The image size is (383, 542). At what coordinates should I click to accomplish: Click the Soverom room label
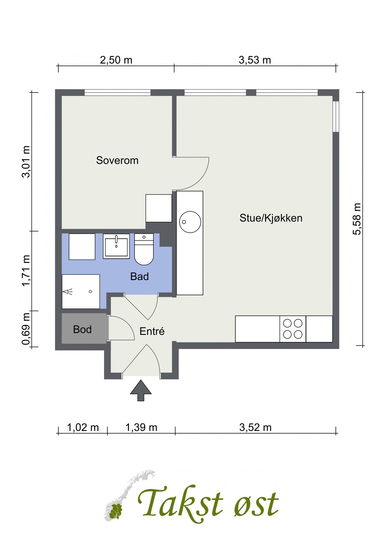117,160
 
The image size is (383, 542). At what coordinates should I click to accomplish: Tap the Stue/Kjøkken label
271,218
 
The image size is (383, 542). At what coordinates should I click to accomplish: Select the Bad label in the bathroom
139,276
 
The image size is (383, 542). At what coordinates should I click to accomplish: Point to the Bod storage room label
82,329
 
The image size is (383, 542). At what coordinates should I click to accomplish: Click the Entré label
152,331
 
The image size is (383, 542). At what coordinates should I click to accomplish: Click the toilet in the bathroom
144,249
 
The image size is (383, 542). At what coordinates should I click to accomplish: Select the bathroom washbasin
116,246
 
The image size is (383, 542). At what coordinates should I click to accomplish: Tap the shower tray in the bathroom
81,291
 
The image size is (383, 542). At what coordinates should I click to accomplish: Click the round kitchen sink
190,222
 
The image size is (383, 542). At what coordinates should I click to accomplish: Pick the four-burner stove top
293,329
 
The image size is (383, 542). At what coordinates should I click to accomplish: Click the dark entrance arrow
141,391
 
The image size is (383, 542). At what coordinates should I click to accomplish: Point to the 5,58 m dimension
357,219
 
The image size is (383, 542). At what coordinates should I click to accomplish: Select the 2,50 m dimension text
116,60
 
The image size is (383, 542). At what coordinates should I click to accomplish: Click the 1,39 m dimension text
141,427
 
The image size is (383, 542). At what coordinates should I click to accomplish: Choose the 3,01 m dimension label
26,162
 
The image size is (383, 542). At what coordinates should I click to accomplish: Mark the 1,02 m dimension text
83,427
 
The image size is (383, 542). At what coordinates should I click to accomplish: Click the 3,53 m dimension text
255,60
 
